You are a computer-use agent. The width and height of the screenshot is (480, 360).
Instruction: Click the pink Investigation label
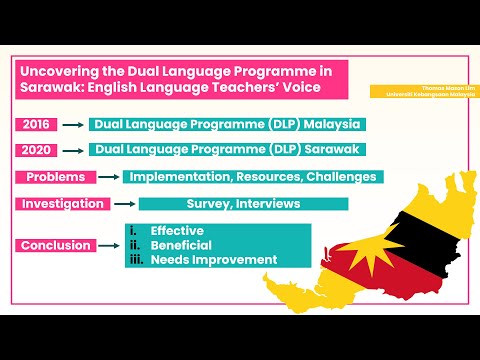pyautogui.click(x=61, y=203)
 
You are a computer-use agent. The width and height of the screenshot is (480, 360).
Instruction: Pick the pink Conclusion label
pyautogui.click(x=56, y=245)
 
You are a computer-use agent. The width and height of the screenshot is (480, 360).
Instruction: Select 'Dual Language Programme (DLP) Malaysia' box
pyautogui.click(x=225, y=125)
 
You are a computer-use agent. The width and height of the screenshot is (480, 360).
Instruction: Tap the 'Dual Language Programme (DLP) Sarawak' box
pyautogui.click(x=225, y=150)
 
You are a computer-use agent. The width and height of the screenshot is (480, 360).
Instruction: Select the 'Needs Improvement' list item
pyautogui.click(x=213, y=259)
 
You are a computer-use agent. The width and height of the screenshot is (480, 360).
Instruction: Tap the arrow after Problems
pyautogui.click(x=104, y=177)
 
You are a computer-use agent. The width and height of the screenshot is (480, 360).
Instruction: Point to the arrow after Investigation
pyautogui.click(x=124, y=203)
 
